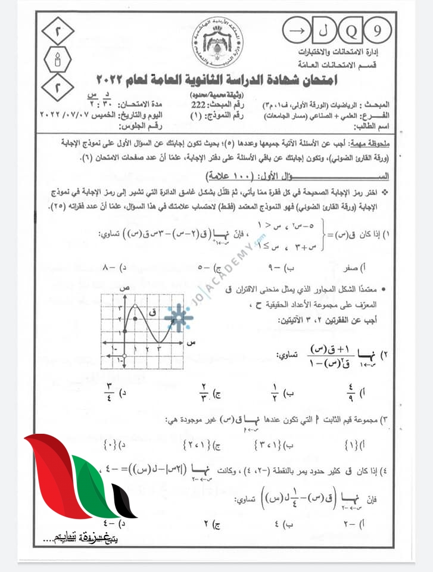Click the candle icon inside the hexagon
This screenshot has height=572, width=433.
point(58,60)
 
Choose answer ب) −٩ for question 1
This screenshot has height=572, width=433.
point(279,268)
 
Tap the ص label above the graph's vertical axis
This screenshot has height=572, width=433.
point(125,288)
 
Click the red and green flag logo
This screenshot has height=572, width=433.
point(77,483)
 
